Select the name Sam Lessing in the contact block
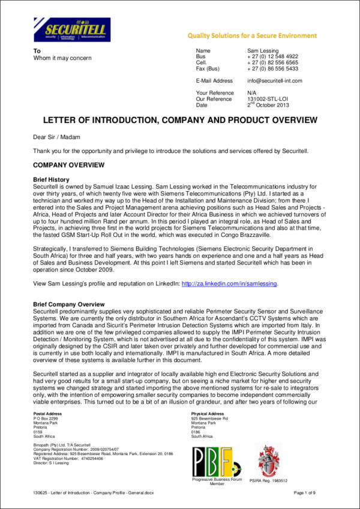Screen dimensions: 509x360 click(x=263, y=51)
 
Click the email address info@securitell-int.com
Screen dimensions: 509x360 click(x=274, y=80)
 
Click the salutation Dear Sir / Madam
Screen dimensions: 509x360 click(x=54, y=137)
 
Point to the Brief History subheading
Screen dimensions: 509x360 click(x=51, y=179)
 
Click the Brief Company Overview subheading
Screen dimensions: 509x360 click(x=68, y=305)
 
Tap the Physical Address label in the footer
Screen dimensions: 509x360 click(x=208, y=414)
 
